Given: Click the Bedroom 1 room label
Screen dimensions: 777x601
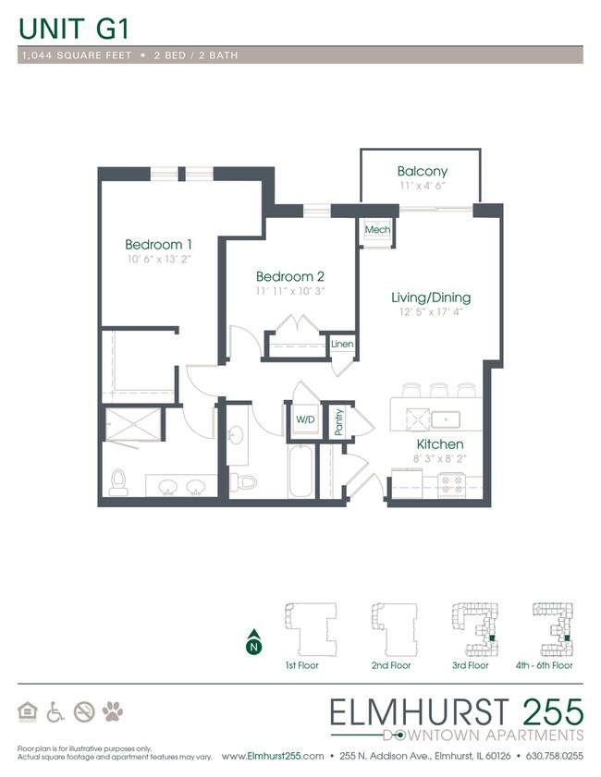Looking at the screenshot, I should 158,244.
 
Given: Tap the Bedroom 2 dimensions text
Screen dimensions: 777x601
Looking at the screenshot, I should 289,291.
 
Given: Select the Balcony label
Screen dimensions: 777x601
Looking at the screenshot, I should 422,171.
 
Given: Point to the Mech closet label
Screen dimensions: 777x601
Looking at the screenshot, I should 376,230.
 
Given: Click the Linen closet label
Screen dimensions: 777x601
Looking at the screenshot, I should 341,345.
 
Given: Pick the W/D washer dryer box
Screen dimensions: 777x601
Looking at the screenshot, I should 304,419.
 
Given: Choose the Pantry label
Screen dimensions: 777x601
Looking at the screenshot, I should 339,422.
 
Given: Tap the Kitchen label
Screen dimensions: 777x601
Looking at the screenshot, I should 438,444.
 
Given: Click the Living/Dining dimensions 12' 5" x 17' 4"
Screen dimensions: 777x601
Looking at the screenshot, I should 430,313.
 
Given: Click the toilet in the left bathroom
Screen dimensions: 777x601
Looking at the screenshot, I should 117,480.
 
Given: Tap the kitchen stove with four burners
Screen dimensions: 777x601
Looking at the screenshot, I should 452,483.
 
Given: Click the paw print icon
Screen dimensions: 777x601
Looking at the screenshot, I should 113,711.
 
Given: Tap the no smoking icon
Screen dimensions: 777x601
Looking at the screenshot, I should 84,711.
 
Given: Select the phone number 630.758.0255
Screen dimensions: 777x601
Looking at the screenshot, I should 556,756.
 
